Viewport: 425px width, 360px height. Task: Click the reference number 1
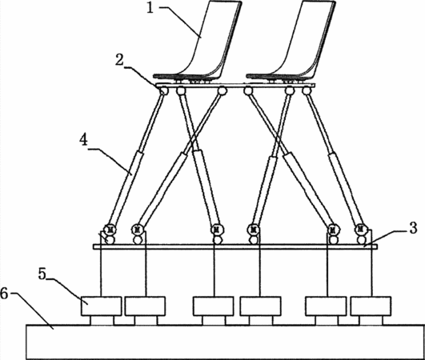pyautogui.click(x=150, y=7)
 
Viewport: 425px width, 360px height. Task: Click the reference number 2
pyautogui.click(x=119, y=60)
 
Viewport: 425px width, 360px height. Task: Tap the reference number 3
pyautogui.click(x=412, y=228)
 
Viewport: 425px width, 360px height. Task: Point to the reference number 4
pyautogui.click(x=84, y=140)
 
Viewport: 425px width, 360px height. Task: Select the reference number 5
pyautogui.click(x=42, y=274)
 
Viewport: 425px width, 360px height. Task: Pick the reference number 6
pyautogui.click(x=4, y=294)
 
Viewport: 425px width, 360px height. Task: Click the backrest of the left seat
pyautogui.click(x=215, y=38)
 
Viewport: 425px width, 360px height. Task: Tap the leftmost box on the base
pyautogui.click(x=101, y=306)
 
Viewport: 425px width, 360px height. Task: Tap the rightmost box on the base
pyautogui.click(x=371, y=306)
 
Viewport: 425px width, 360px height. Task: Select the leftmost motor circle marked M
pyautogui.click(x=110, y=230)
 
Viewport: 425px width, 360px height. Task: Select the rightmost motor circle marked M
pyautogui.click(x=360, y=230)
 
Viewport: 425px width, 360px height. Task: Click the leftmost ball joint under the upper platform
pyautogui.click(x=163, y=91)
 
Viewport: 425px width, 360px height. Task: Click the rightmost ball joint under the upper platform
pyautogui.click(x=307, y=90)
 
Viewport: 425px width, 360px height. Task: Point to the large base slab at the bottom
pyautogui.click(x=226, y=342)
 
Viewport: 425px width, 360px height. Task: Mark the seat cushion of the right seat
pyautogui.click(x=279, y=77)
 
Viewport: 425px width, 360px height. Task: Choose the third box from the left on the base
pyautogui.click(x=214, y=306)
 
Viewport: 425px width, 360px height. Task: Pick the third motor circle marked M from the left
pyautogui.click(x=216, y=230)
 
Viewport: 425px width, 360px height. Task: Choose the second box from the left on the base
pyautogui.click(x=145, y=306)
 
